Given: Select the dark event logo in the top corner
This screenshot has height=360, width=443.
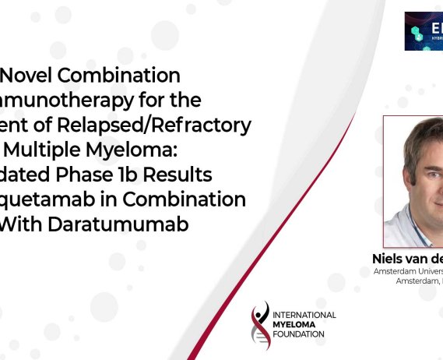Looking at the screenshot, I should tap(424, 31).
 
